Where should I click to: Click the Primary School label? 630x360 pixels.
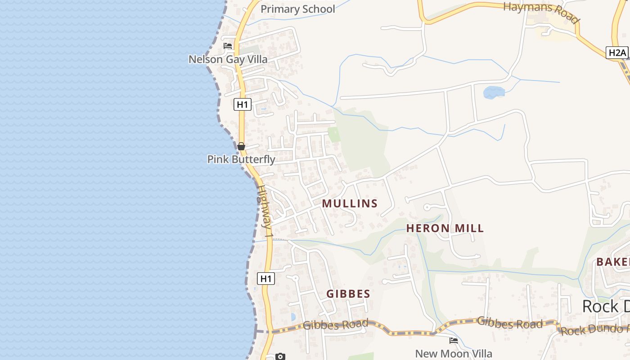tap(297, 9)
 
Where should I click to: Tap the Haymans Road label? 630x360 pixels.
tap(540, 12)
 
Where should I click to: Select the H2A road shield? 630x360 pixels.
tap(617, 53)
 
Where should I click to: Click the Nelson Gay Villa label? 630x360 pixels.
tap(228, 59)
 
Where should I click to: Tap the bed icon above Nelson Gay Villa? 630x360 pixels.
tap(228, 46)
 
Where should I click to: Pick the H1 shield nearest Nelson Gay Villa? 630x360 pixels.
tap(242, 105)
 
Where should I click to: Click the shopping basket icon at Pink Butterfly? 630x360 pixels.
tap(241, 146)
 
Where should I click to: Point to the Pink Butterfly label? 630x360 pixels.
tap(241, 159)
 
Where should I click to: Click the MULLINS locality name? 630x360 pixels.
tap(350, 203)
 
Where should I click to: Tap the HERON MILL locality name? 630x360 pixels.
tap(445, 228)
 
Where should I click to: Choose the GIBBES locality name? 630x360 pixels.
tap(348, 294)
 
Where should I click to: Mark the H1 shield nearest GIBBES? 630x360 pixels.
tap(266, 279)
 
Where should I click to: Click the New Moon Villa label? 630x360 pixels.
tap(454, 354)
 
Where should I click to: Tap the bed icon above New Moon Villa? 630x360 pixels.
tap(454, 341)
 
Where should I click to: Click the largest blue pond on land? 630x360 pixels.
tap(494, 92)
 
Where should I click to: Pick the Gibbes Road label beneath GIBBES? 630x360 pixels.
tap(335, 324)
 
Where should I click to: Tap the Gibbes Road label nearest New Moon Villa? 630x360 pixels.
tap(510, 322)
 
